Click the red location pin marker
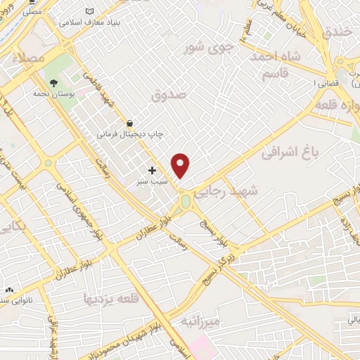181,165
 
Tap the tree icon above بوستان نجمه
53,83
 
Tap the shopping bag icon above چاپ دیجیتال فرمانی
129,122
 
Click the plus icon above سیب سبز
152,170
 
